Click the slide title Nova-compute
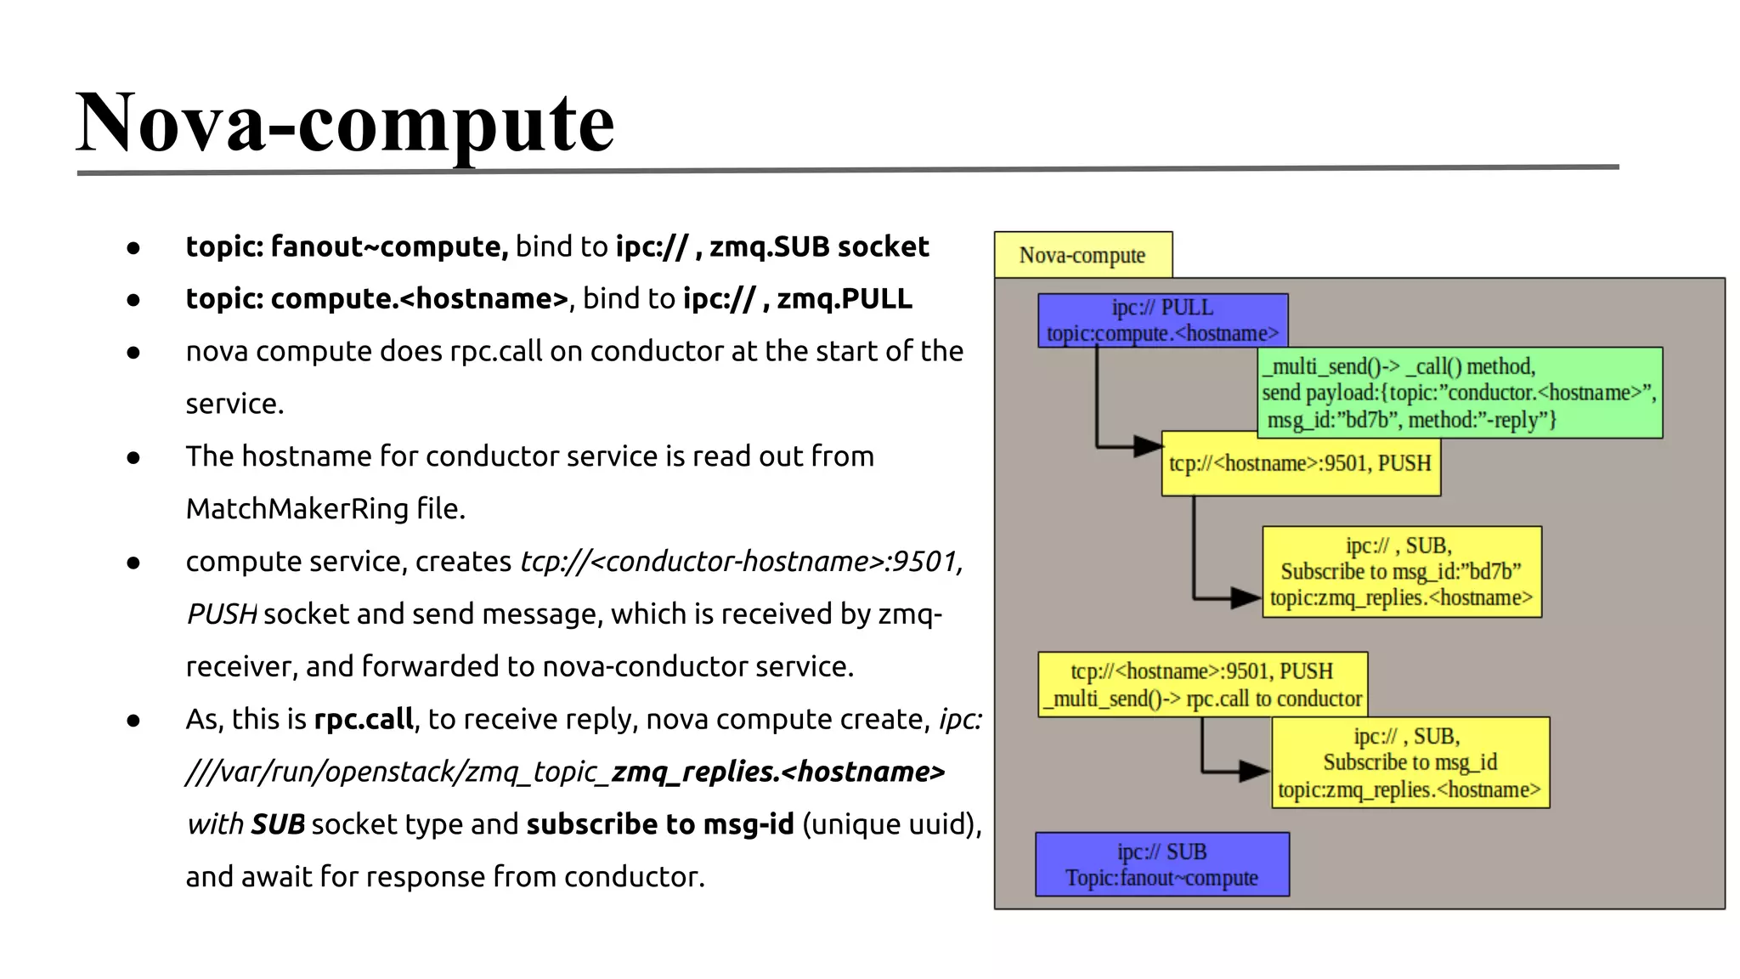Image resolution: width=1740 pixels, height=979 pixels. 344,123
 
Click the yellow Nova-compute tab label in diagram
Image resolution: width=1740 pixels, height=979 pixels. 1082,255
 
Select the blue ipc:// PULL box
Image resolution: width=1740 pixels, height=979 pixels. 1162,320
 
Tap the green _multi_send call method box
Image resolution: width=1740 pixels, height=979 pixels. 1459,393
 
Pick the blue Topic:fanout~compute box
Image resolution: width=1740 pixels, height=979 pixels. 1161,864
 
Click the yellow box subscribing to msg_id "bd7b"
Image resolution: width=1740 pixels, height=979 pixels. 1401,572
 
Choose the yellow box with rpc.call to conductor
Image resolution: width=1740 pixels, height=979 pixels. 1202,684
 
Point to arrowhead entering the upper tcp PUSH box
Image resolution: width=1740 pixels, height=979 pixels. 1149,445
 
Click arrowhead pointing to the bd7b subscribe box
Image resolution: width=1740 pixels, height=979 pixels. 1246,598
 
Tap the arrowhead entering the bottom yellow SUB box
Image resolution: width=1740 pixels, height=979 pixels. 1255,772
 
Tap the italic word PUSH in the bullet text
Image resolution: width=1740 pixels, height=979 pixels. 222,614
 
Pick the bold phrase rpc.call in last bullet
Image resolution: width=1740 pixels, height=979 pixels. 364,720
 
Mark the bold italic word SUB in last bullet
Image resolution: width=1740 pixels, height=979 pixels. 278,824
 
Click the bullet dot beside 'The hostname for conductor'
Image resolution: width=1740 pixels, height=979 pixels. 133,458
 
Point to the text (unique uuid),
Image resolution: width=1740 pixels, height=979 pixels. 891,824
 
